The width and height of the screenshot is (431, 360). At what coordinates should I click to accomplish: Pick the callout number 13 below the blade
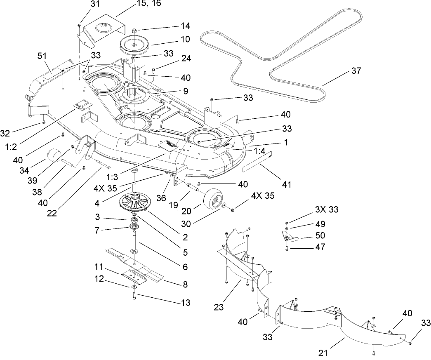click(186, 303)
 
